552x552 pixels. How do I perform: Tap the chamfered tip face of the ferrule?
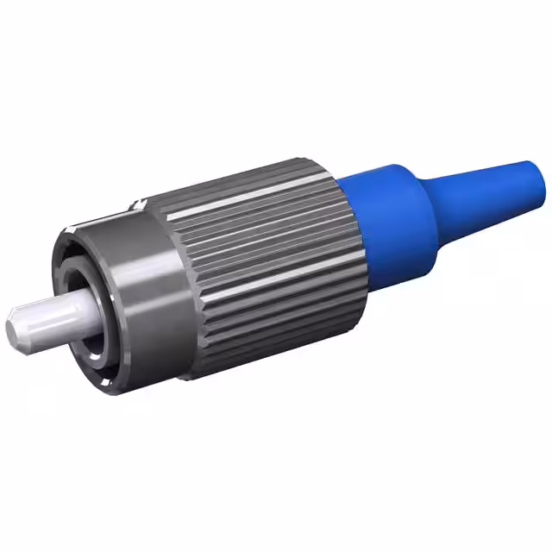point(11,328)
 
